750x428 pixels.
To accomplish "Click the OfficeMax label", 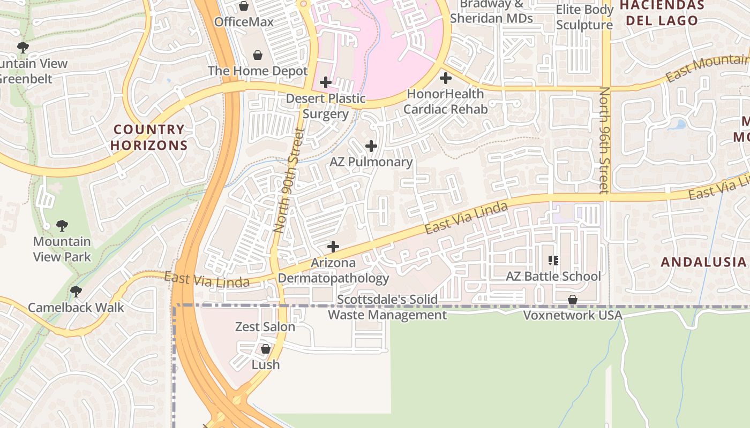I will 244,22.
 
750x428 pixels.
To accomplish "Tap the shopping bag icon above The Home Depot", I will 258,55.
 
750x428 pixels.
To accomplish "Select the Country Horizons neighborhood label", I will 149,137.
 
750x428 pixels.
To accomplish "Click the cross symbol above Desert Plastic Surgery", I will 325,82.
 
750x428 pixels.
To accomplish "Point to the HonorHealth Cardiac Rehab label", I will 445,102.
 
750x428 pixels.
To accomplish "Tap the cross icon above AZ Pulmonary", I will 371,146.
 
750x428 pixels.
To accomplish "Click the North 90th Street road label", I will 288,180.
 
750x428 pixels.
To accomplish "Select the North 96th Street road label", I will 604,140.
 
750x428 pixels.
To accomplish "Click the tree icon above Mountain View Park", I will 62,226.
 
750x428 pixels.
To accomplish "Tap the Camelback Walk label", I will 76,308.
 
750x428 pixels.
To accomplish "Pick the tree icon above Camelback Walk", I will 76,292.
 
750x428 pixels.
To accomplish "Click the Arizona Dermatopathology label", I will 333,271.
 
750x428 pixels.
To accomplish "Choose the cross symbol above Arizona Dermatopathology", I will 333,247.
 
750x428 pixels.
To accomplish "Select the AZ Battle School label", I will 553,277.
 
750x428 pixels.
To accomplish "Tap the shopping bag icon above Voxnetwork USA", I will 573,300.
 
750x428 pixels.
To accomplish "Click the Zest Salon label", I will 265,327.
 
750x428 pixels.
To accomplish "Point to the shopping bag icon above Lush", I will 265,349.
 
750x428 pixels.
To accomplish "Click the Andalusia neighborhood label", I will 703,262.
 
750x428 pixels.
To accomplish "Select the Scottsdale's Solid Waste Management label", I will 387,307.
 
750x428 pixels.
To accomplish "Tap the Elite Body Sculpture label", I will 584,17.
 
